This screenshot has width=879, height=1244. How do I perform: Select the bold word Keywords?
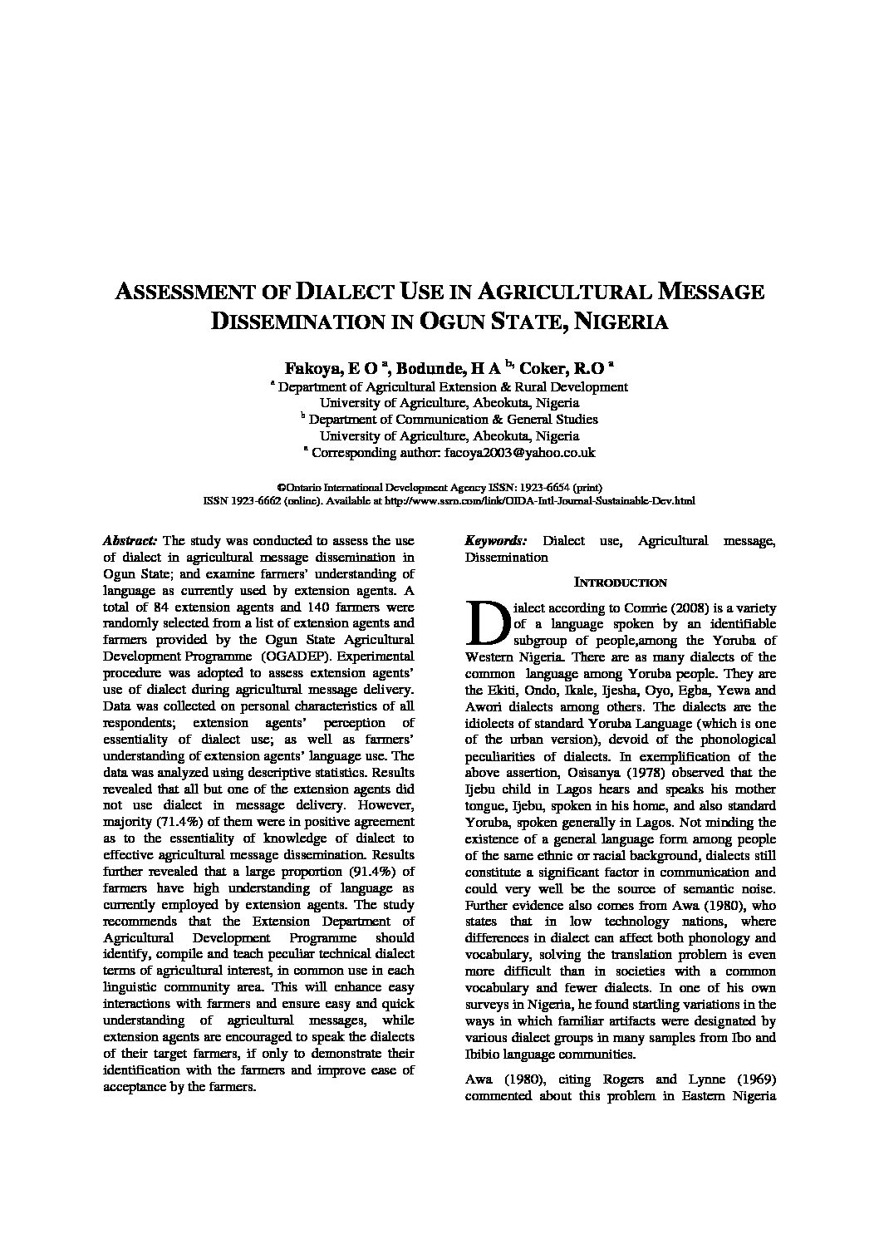point(496,541)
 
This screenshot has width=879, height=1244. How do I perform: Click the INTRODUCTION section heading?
point(620,583)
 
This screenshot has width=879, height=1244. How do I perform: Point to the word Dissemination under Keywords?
point(506,558)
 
